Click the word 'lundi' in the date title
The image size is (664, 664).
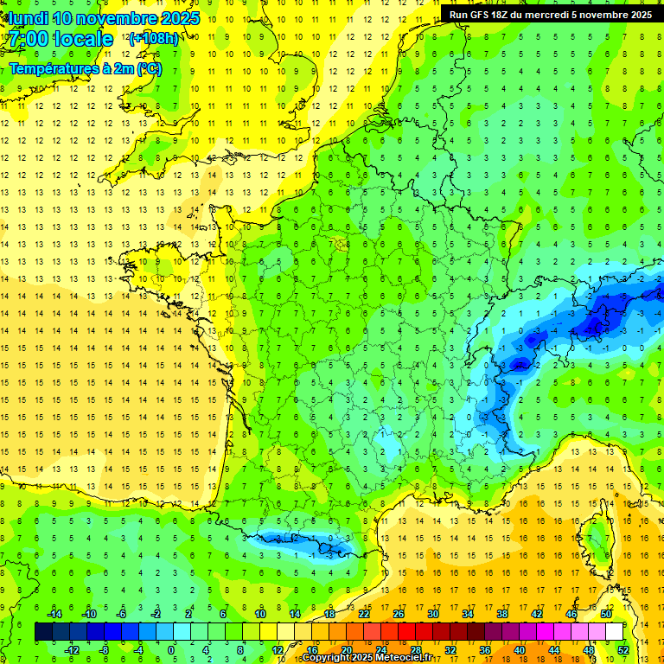(29, 18)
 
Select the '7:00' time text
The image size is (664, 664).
(29, 39)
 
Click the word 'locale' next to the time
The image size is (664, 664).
(83, 39)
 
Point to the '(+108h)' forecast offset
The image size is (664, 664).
(153, 38)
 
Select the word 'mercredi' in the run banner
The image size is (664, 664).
(560, 15)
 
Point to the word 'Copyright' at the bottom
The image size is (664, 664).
(329, 658)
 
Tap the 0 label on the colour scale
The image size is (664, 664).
(170, 650)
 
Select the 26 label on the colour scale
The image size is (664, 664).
(399, 614)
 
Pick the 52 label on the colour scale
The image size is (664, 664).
(622, 650)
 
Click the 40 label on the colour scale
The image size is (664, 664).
(519, 650)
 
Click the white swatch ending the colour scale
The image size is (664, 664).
(614, 632)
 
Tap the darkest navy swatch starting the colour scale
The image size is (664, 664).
(43, 632)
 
